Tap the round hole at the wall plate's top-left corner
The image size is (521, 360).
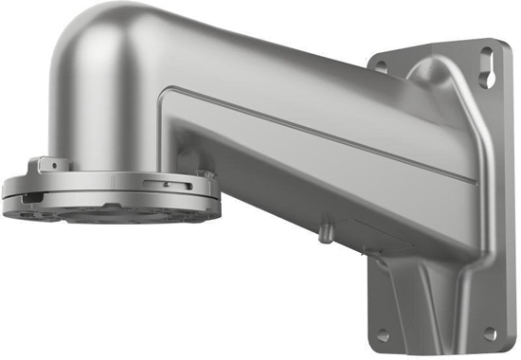[381, 66]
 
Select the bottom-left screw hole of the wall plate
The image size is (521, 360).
[381, 333]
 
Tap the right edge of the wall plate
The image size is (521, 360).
[510, 189]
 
